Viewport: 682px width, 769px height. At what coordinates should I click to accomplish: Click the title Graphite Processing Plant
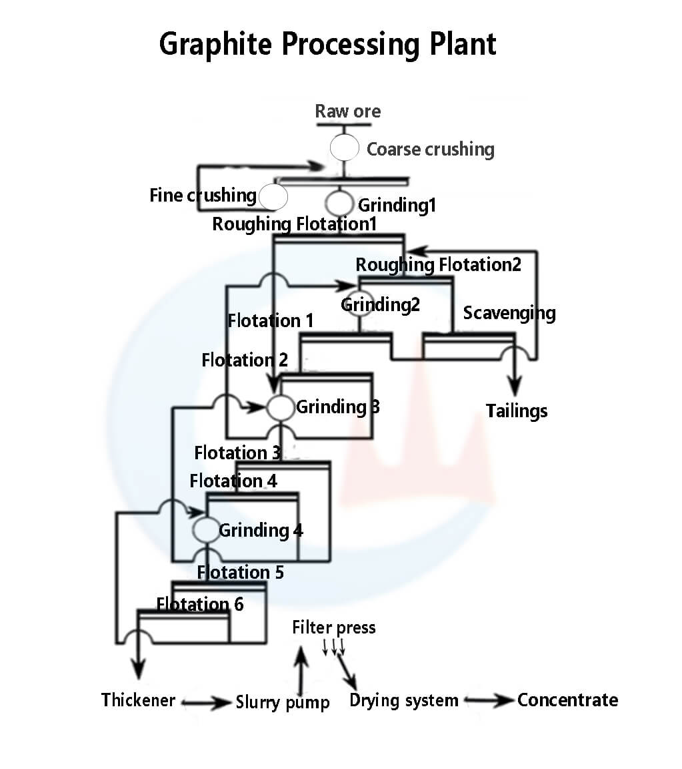[x=327, y=45]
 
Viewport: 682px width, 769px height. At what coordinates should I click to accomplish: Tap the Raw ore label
[x=348, y=111]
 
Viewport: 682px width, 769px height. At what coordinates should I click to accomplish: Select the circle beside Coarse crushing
[x=345, y=148]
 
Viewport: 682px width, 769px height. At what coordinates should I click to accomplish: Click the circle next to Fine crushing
[x=273, y=197]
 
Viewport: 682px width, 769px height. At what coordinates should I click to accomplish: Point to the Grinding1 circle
[x=339, y=203]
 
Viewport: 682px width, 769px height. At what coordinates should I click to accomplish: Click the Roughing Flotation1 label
[x=294, y=224]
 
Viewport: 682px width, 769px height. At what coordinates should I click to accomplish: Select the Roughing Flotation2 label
[x=438, y=265]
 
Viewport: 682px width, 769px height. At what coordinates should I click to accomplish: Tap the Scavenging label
[x=509, y=312]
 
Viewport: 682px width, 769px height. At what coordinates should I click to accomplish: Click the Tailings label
[x=516, y=411]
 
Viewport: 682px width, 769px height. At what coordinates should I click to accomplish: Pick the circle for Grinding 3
[x=281, y=407]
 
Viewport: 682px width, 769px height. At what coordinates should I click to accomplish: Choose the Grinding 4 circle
[x=206, y=530]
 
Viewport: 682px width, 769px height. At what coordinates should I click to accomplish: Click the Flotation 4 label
[x=233, y=481]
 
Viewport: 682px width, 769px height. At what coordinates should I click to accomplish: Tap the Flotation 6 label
[x=200, y=605]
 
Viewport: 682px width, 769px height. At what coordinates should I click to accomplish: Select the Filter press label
[x=333, y=627]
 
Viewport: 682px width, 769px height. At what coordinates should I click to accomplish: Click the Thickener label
[x=138, y=700]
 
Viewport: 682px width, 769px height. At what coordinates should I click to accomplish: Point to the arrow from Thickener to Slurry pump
[x=206, y=703]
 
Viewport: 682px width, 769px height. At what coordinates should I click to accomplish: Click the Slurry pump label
[x=283, y=703]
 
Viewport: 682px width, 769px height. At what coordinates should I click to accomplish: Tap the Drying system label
[x=403, y=701]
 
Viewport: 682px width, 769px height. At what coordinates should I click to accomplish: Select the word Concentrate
[x=567, y=700]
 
